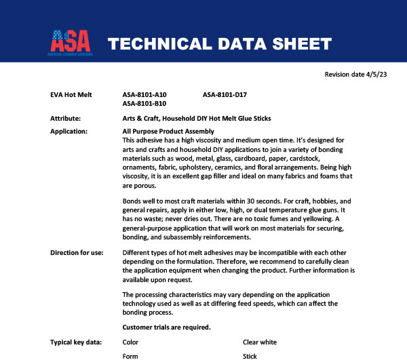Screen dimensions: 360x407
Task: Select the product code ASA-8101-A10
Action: (x=144, y=94)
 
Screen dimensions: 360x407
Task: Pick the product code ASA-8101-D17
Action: (x=225, y=94)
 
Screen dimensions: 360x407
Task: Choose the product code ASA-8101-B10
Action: (x=144, y=104)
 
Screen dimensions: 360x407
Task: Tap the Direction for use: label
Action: (x=77, y=253)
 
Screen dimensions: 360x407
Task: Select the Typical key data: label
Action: (x=76, y=342)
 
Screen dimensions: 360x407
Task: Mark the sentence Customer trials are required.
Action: (x=166, y=327)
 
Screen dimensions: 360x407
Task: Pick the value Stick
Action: (x=250, y=355)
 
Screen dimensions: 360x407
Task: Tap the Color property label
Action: (x=130, y=342)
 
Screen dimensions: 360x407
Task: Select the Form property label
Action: (x=130, y=355)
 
